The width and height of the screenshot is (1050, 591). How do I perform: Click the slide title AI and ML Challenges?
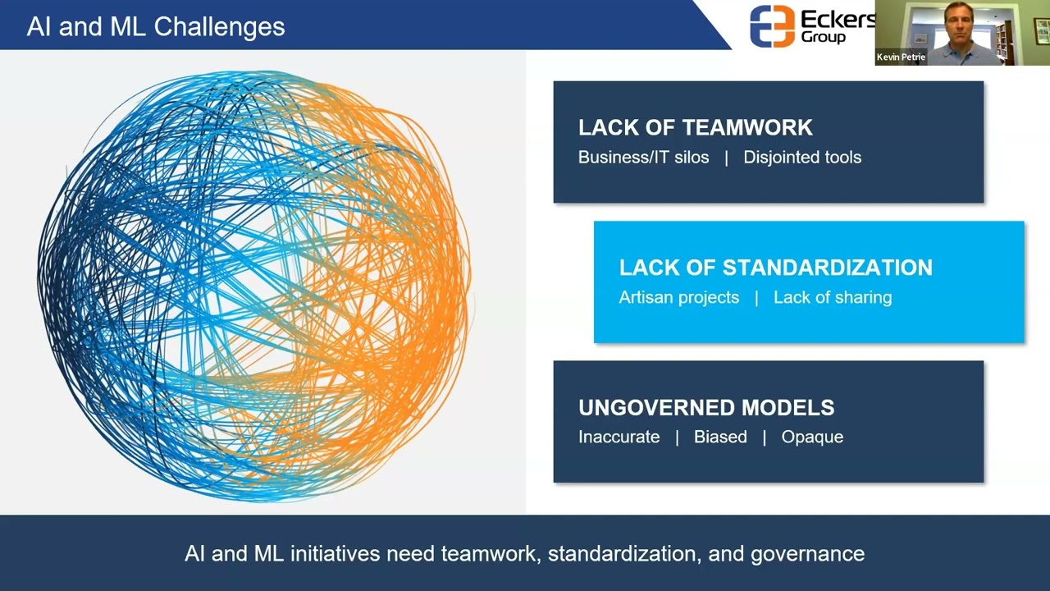pyautogui.click(x=156, y=26)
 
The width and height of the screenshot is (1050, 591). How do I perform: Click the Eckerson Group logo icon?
pyautogui.click(x=772, y=25)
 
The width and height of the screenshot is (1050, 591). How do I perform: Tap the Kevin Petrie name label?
pyautogui.click(x=901, y=57)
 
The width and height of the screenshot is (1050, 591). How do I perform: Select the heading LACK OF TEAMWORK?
pyautogui.click(x=695, y=127)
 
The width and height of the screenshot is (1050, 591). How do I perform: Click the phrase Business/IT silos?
pyautogui.click(x=643, y=158)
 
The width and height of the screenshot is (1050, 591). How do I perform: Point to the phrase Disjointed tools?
pyautogui.click(x=801, y=158)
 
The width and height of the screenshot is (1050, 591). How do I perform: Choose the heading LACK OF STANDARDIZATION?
pyautogui.click(x=775, y=268)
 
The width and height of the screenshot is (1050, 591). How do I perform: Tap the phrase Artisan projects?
pyautogui.click(x=678, y=298)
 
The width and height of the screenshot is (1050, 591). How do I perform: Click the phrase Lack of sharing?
pyautogui.click(x=832, y=298)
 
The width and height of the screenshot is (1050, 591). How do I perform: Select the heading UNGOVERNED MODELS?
pyautogui.click(x=705, y=407)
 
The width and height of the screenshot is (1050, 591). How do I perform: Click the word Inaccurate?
pyautogui.click(x=619, y=438)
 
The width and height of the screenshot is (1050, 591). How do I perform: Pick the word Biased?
pyautogui.click(x=720, y=438)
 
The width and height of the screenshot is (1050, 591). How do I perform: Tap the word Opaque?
pyautogui.click(x=811, y=438)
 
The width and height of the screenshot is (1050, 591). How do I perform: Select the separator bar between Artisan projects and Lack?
pyautogui.click(x=756, y=298)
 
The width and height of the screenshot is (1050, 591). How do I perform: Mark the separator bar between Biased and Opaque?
pyautogui.click(x=764, y=438)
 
